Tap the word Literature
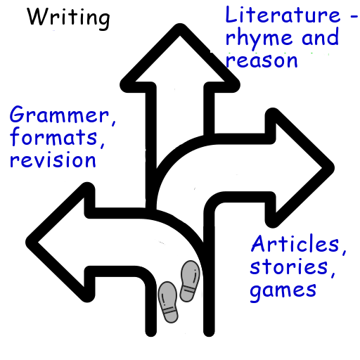tap(283, 15)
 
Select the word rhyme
tap(259, 38)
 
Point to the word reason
tap(262, 60)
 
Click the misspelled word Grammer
tap(59, 115)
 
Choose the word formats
tap(53, 136)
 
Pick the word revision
tap(53, 160)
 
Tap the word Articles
tap(295, 243)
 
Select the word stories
tap(289, 266)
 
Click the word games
tap(283, 290)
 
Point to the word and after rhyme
tap(320, 37)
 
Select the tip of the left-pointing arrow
tap(26, 242)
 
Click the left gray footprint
tap(168, 302)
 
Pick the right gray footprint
tap(190, 281)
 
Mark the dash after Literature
tap(354, 16)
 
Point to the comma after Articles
tap(344, 251)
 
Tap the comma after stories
tap(333, 274)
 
